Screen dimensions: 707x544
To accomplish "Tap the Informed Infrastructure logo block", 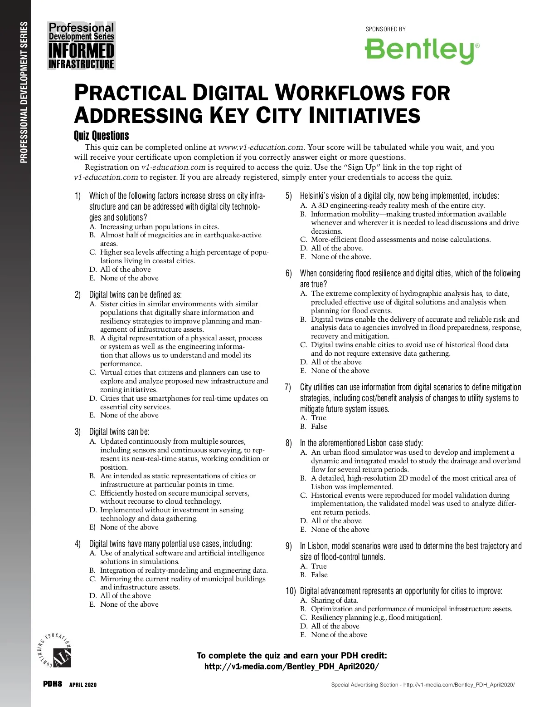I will pyautogui.click(x=82, y=46).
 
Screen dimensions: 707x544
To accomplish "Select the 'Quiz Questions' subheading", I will pyautogui.click(x=101, y=136).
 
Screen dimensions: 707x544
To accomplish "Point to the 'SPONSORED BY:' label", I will pyautogui.click(x=386, y=29).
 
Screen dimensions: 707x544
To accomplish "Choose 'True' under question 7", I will pyautogui.click(x=318, y=418).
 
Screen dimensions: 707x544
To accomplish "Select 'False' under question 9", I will pyautogui.click(x=319, y=575).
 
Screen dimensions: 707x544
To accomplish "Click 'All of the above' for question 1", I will pyautogui.click(x=125, y=270).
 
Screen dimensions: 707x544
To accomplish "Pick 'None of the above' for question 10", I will pyautogui.click(x=339, y=635).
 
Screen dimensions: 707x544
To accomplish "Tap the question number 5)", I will pyautogui.click(x=289, y=196).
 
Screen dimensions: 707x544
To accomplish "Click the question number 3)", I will pyautogui.click(x=78, y=432).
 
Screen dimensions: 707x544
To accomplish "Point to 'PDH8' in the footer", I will pyautogui.click(x=52, y=684).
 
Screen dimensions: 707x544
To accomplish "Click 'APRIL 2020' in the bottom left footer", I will pyautogui.click(x=83, y=685).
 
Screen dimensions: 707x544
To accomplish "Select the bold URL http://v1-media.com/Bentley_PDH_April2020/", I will pyautogui.click(x=291, y=667).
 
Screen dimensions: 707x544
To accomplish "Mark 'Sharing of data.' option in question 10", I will pyautogui.click(x=334, y=600).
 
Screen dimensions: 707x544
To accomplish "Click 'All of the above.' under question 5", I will pyautogui.click(x=337, y=248).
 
